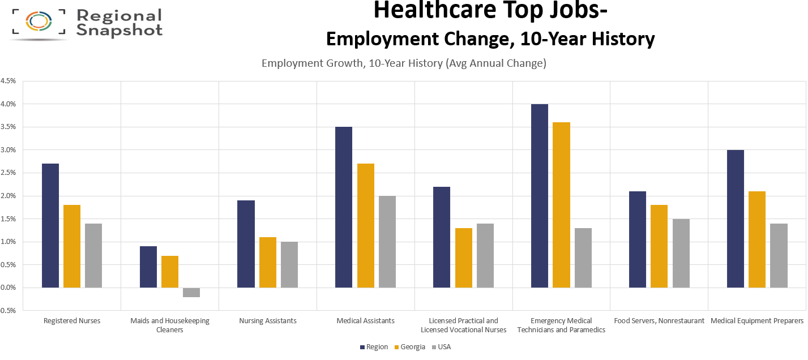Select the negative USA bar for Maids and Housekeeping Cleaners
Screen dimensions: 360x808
pos(191,292)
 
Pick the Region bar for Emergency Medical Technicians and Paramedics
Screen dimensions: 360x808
pos(540,196)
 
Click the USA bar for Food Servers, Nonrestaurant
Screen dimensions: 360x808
pos(681,253)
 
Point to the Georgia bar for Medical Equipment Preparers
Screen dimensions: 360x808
pos(757,239)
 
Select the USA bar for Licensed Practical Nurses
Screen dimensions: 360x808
pos(485,255)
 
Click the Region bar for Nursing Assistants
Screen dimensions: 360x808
pos(246,244)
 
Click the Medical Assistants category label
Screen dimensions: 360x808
pos(366,321)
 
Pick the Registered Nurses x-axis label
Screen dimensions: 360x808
pos(72,321)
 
